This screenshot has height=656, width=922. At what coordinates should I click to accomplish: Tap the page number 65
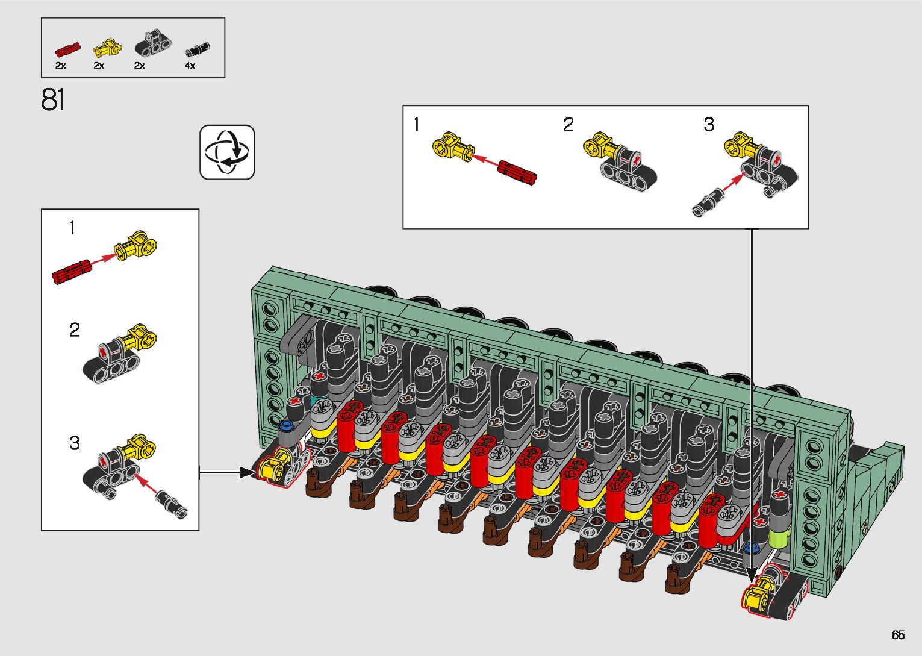tap(898, 634)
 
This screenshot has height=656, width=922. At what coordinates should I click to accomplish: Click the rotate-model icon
tap(227, 152)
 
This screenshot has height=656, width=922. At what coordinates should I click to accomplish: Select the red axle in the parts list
tap(68, 49)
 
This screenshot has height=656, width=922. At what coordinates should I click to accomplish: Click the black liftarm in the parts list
tap(153, 43)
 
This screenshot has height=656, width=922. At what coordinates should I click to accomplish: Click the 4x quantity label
tap(190, 66)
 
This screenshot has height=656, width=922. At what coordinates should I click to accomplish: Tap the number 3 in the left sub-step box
tap(75, 443)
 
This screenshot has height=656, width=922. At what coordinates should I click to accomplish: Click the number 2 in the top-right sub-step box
tap(568, 124)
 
